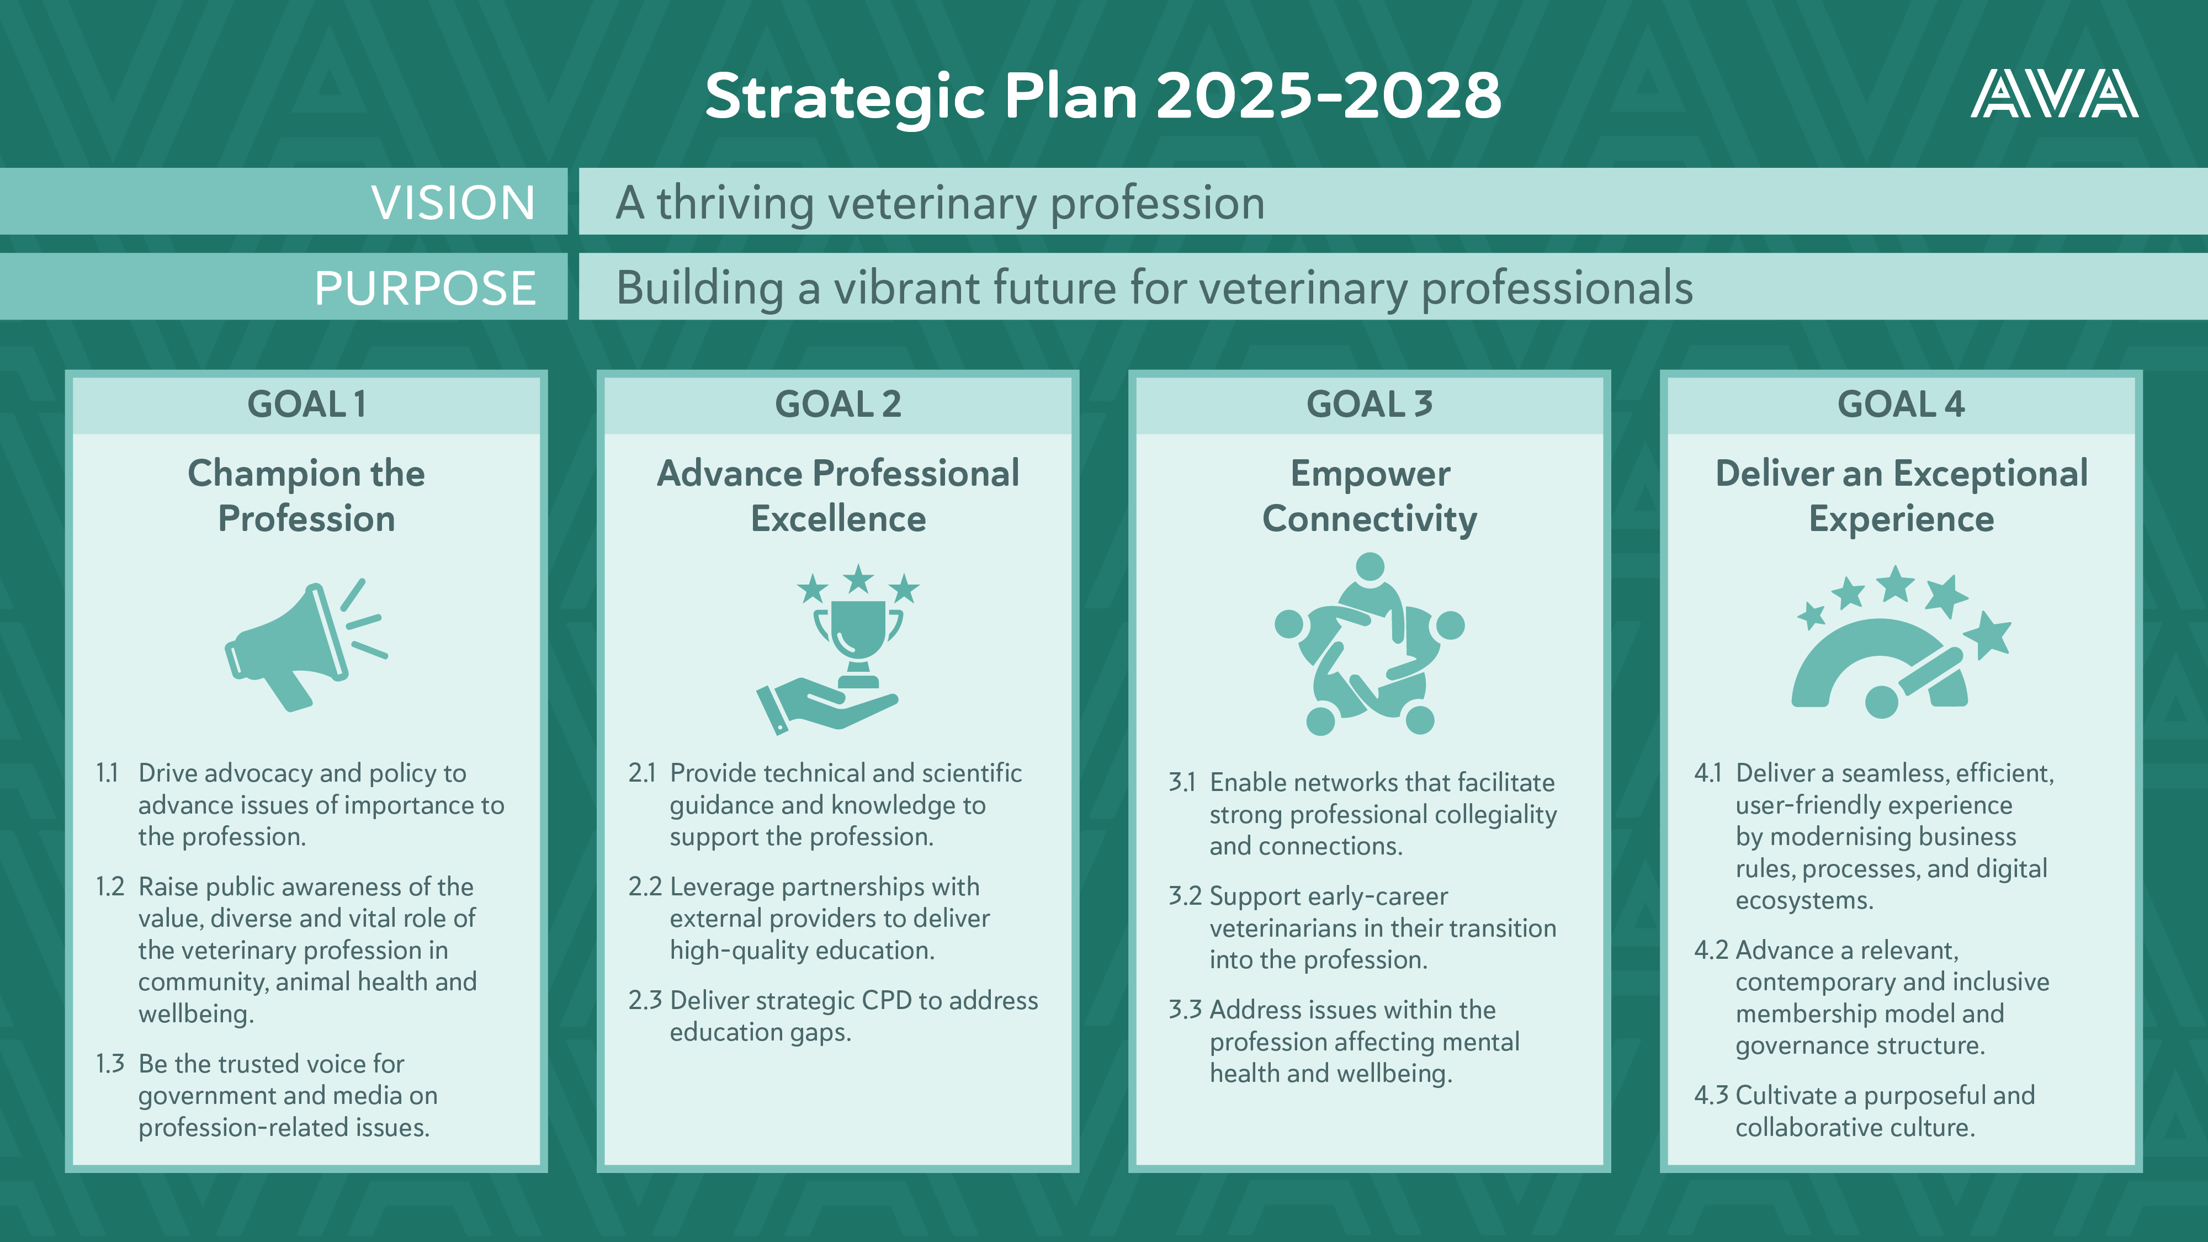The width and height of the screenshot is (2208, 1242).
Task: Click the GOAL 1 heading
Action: pos(307,404)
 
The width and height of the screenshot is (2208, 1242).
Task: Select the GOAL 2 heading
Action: pos(838,404)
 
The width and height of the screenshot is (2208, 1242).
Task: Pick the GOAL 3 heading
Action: pos(1370,404)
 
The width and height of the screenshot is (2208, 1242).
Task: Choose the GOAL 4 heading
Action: pos(1901,404)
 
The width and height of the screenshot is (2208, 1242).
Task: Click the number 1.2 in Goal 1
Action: pos(110,887)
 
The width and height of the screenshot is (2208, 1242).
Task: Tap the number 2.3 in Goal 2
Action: pos(645,1000)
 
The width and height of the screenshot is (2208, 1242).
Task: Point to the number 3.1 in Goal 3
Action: pos(1182,783)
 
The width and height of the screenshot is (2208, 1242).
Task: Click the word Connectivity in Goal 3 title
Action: pos(1370,519)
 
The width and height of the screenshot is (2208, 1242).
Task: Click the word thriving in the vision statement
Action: pos(735,204)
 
